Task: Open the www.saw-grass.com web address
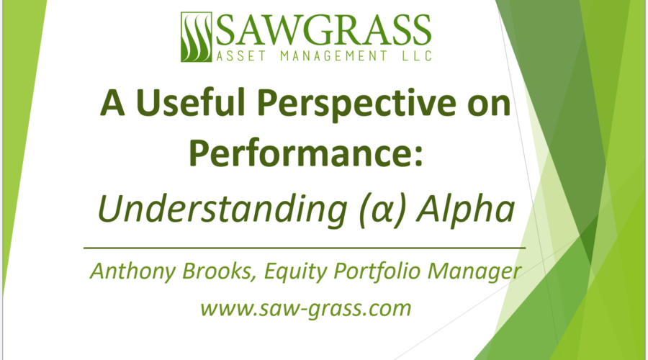click(305, 309)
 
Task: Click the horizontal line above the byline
click(305, 247)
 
